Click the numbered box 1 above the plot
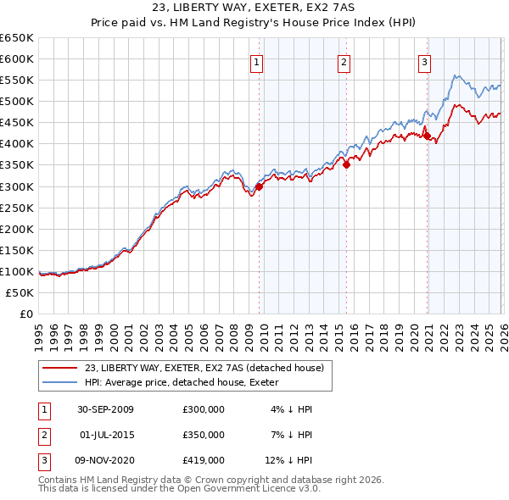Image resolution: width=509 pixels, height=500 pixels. point(256,60)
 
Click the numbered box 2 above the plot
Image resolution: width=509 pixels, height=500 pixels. point(344,60)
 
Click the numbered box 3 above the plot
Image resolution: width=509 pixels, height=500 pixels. point(424,60)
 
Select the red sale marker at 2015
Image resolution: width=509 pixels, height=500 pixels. point(346,165)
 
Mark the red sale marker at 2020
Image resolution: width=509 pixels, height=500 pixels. point(427,136)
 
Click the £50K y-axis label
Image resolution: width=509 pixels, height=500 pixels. point(20,292)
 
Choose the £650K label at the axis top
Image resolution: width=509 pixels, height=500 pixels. point(17,38)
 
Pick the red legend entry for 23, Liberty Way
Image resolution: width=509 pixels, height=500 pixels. point(204,368)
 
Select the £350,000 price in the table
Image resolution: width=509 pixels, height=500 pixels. point(204,435)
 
